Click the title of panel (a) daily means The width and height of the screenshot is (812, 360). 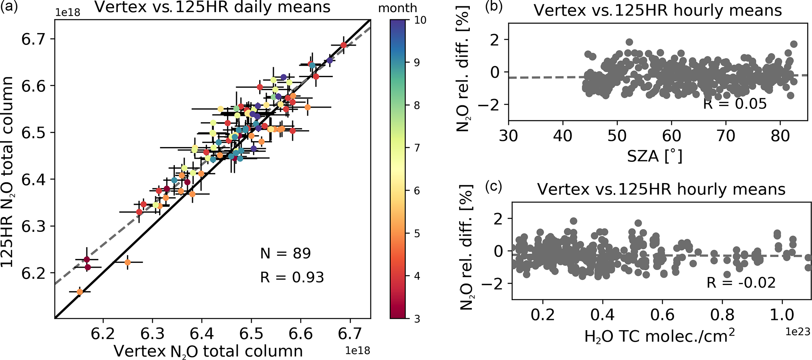[x=213, y=8]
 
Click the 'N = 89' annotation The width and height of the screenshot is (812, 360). [x=286, y=253]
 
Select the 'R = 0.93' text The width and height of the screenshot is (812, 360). [x=292, y=277]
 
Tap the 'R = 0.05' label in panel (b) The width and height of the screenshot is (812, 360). [x=735, y=104]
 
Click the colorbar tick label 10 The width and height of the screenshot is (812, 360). [x=420, y=20]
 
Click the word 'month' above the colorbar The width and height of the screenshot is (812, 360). [x=398, y=8]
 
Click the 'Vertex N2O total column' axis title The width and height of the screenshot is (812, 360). [x=208, y=351]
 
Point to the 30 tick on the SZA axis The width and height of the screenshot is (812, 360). [x=509, y=136]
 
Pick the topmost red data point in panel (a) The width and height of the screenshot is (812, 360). [x=344, y=45]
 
